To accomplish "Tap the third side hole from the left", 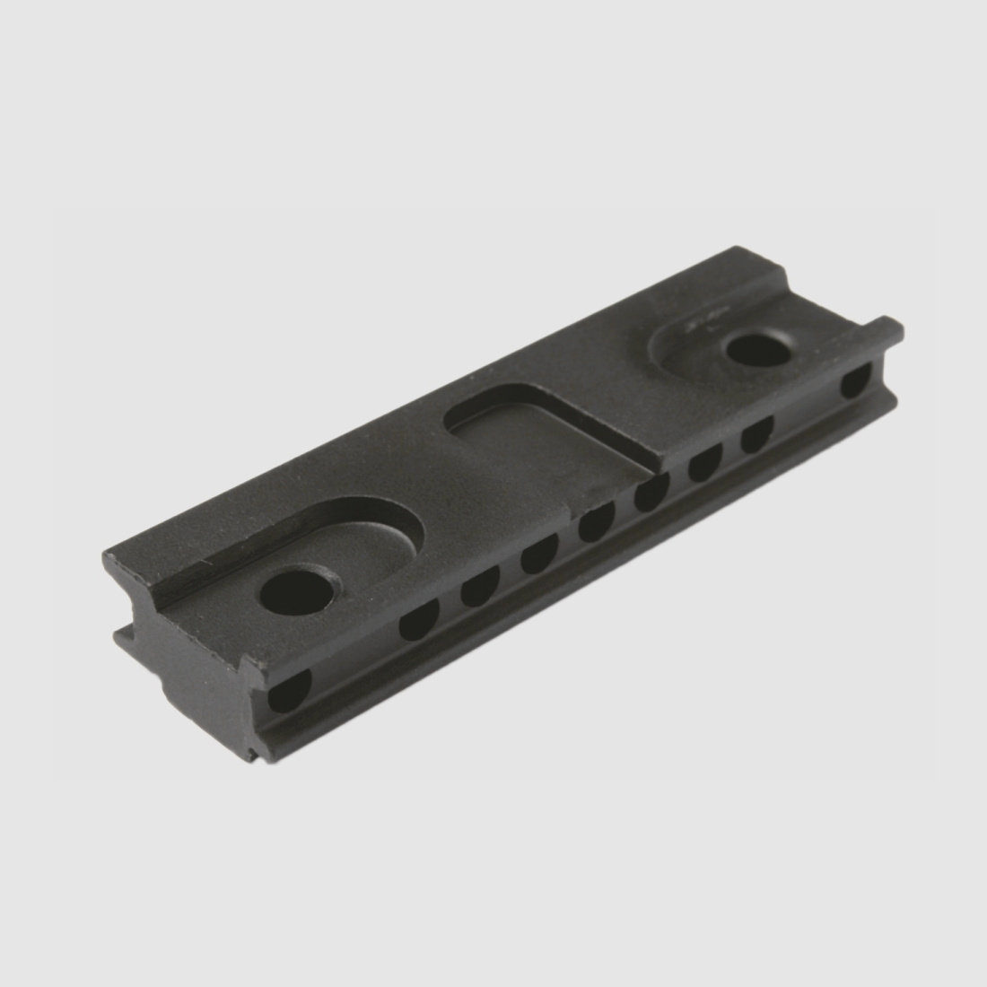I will pyautogui.click(x=479, y=589).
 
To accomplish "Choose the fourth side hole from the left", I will pyautogui.click(x=538, y=557).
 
